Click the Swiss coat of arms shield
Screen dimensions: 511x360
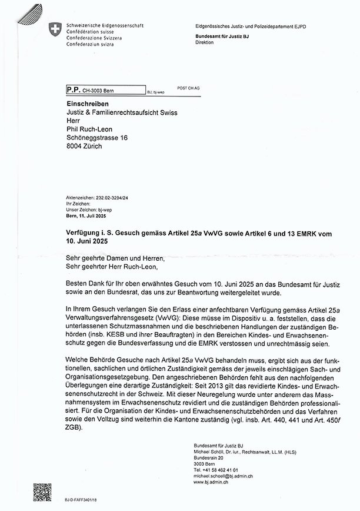pos(55,30)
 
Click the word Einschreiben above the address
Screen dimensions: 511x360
pos(85,103)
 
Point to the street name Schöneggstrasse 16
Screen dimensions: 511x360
pos(97,138)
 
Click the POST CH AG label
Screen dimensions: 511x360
pos(188,88)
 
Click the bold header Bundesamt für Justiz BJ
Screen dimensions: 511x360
pos(222,36)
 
